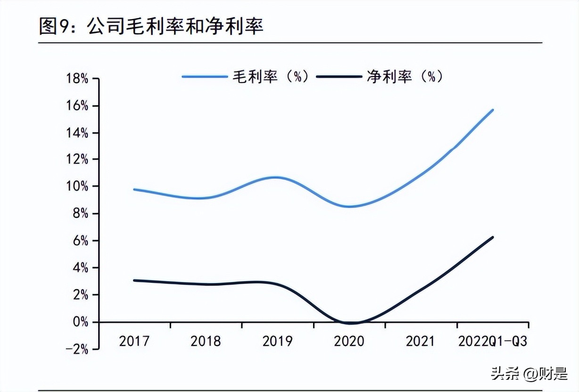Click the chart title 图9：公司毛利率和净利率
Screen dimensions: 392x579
151,27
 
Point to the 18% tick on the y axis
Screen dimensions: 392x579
77,79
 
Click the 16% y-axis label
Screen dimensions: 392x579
77,106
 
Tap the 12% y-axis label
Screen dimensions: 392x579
77,160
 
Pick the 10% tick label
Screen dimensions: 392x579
77,187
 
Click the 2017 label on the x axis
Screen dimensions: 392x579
134,341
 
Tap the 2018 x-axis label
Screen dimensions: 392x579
206,341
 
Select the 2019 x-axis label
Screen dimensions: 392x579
277,341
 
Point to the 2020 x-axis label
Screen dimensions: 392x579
349,341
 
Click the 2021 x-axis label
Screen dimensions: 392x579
420,341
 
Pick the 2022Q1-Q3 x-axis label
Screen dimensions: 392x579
492,341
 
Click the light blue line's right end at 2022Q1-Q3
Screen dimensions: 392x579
493,110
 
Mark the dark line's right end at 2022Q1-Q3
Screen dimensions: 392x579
493,237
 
